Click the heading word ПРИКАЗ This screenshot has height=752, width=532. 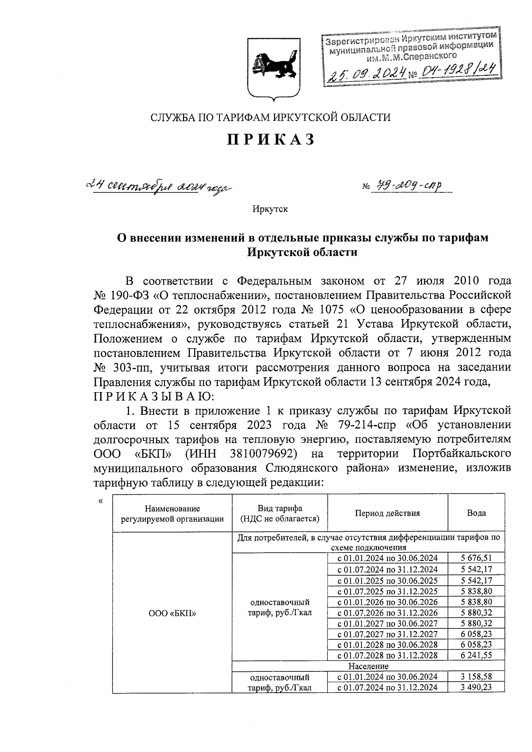pos(271,140)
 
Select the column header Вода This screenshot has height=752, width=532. pos(476,513)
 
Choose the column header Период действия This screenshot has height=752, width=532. pos(387,513)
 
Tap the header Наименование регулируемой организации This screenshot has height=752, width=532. pos(172,514)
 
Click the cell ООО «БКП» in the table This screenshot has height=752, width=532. pos(172,613)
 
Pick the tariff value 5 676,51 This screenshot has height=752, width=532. pos(476,558)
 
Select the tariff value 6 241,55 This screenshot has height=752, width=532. pos(476,655)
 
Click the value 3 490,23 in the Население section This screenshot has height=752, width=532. pos(476,687)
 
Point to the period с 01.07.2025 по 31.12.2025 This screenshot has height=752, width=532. pos(387,591)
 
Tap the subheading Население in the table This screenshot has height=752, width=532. pos(368,666)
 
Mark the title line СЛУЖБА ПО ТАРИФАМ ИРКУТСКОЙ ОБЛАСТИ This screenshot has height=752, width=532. pos(271,117)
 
